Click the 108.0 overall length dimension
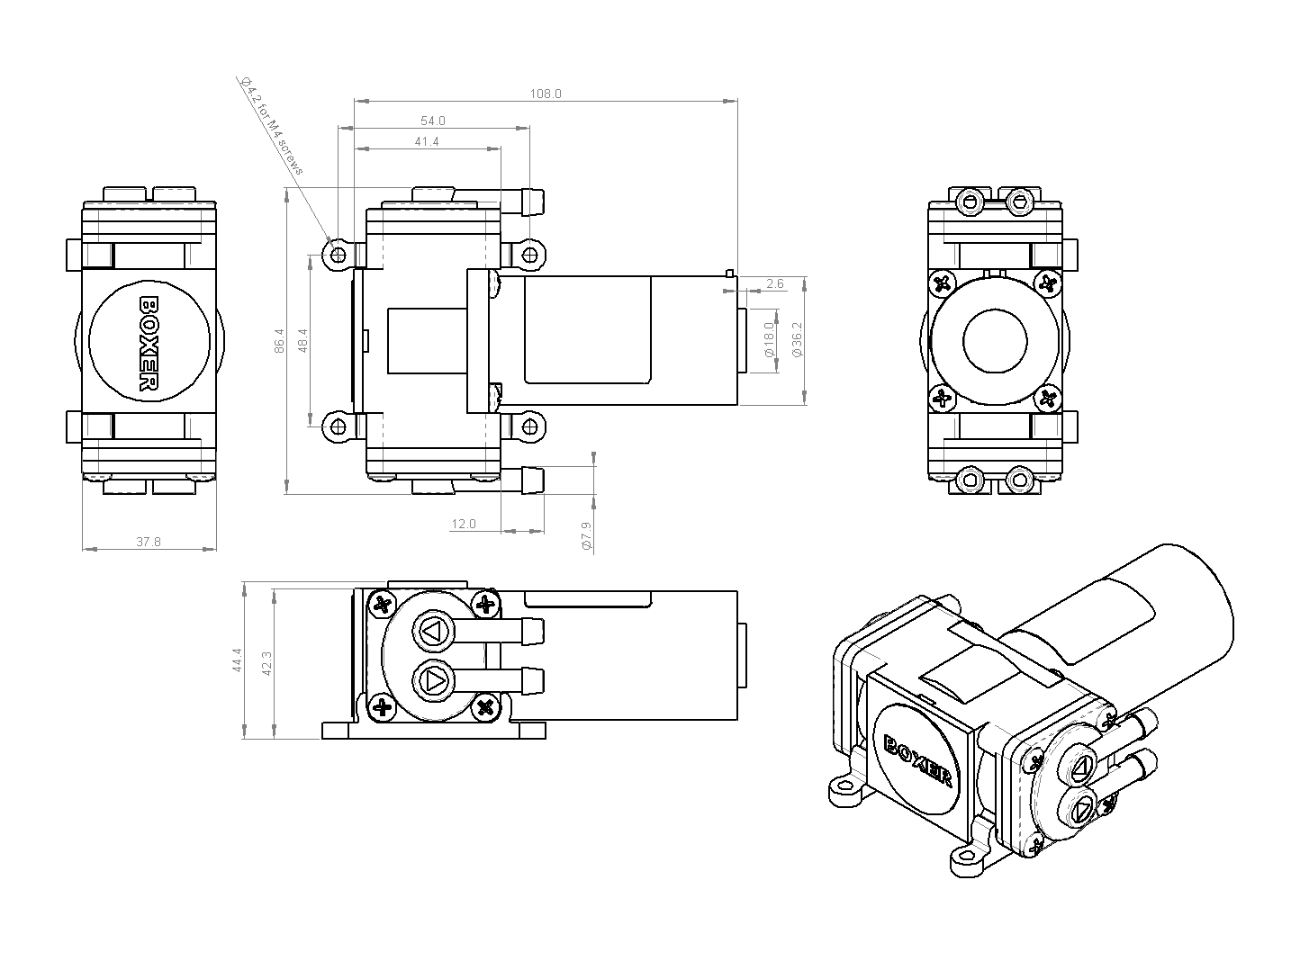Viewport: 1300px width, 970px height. tap(546, 94)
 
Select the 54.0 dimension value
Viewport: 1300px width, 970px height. tap(433, 121)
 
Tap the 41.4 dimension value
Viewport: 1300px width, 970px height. tap(427, 142)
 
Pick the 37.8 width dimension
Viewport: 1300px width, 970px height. tap(149, 543)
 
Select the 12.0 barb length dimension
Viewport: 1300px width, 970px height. tap(464, 525)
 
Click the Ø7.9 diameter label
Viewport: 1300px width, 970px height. tap(587, 535)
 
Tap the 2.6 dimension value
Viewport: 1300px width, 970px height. tap(774, 284)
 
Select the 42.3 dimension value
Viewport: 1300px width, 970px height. tap(266, 663)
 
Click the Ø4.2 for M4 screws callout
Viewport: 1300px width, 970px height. tap(274, 127)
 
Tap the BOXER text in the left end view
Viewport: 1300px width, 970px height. tap(149, 345)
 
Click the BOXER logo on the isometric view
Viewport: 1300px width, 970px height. tap(919, 759)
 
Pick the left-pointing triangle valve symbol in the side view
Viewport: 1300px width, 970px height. tap(431, 631)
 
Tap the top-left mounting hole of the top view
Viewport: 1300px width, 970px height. tap(339, 256)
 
